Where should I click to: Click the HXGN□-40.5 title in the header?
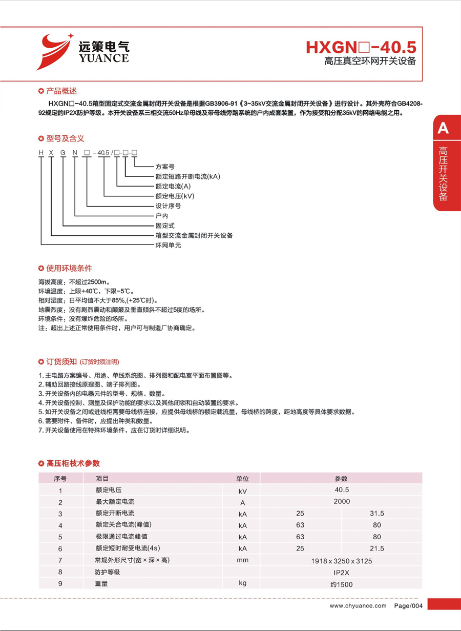click(361, 47)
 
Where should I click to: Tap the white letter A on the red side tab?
click(443, 128)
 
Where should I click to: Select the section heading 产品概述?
click(61, 91)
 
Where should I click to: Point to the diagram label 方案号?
click(165, 167)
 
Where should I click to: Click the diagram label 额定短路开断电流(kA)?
click(187, 176)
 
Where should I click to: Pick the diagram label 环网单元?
click(169, 245)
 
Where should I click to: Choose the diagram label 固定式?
click(165, 226)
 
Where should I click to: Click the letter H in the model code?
click(40, 152)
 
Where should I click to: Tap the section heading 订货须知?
click(61, 362)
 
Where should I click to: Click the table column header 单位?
click(242, 478)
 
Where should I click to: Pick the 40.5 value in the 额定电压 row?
click(341, 490)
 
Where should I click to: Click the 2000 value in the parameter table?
click(341, 501)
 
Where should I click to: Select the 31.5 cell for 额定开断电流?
click(377, 513)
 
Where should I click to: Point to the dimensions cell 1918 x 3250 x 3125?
click(342, 561)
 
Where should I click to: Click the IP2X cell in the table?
click(341, 572)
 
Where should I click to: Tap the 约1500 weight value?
click(341, 584)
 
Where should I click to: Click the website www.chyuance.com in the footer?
click(358, 606)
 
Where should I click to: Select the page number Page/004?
click(408, 606)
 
